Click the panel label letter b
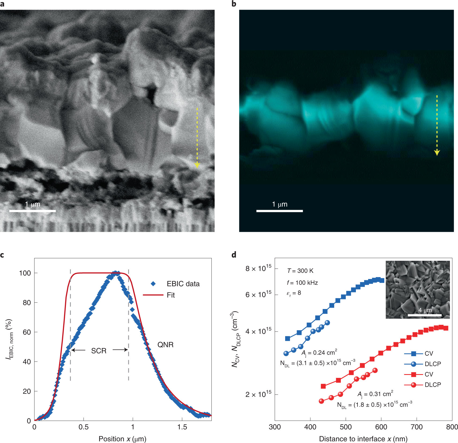tap(234, 4)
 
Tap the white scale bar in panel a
tap(32, 211)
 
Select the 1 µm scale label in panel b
tap(280, 204)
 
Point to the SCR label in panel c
tap(99, 351)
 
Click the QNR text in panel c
tap(165, 345)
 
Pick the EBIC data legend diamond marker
tap(153, 284)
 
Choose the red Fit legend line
tap(153, 295)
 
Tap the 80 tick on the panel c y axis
tap(27, 303)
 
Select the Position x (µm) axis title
tap(122, 439)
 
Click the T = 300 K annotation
tap(300, 271)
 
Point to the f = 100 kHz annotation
tap(302, 283)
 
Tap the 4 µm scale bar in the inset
tap(425, 315)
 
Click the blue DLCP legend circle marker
tap(414, 364)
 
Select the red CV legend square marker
tap(414, 374)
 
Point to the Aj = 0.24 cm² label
tap(319, 353)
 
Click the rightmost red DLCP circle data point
tap(375, 370)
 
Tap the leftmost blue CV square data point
tap(288, 338)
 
